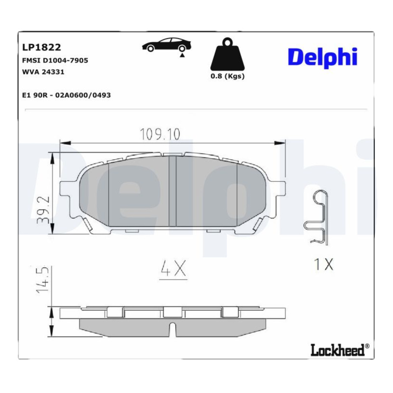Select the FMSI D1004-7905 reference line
point(55,60)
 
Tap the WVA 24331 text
point(43,72)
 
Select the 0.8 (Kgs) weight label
point(227,76)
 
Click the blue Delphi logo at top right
point(323,57)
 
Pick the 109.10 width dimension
point(160,134)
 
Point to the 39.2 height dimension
point(43,210)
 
